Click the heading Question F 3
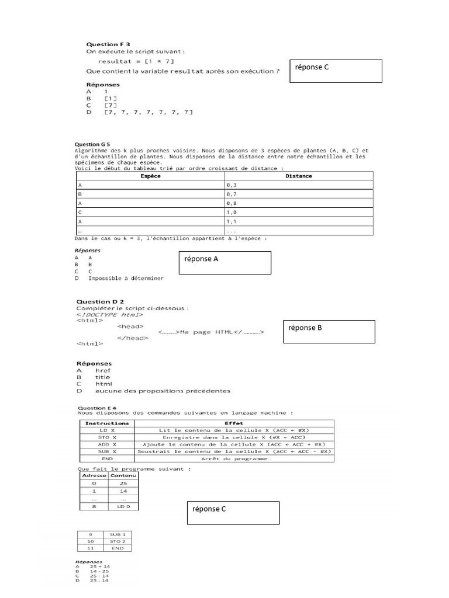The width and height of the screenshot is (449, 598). coord(108,44)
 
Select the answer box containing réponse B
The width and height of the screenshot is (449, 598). coord(329,332)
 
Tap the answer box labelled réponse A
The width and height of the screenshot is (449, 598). coord(224,263)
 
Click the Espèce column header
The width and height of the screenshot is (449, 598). coord(151,176)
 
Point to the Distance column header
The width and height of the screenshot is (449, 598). coord(299,176)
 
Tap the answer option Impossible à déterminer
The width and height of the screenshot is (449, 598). coord(126,279)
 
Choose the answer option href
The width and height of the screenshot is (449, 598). coord(103,370)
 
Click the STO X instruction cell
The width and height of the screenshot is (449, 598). coord(107,437)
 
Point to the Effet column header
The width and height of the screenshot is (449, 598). coord(234,423)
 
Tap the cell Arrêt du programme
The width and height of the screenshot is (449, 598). coord(234,458)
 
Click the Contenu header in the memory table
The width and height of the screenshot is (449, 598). coord(123,475)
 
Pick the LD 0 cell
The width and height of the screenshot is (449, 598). coord(123,506)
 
